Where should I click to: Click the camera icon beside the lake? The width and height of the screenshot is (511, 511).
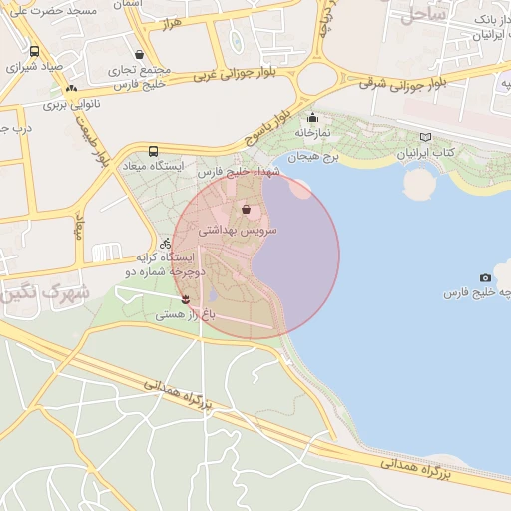click(x=485, y=277)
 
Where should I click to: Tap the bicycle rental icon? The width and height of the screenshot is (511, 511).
click(x=165, y=243)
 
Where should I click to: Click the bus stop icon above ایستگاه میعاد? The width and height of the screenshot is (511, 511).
click(x=153, y=151)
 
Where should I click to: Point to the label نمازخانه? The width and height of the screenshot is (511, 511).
click(x=311, y=132)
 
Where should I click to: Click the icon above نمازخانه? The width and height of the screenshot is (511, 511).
click(x=312, y=117)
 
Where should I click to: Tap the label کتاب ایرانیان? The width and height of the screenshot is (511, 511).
click(x=426, y=152)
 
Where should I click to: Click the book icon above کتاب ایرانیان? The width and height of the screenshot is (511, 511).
click(x=426, y=137)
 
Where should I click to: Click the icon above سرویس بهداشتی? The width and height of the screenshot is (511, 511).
click(x=246, y=210)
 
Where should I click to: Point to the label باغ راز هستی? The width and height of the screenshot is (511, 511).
click(x=184, y=314)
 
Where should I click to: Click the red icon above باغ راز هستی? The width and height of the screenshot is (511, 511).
click(x=185, y=298)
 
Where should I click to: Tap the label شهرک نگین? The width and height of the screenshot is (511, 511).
click(x=40, y=293)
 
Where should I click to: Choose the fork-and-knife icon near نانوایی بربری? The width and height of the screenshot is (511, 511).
click(x=72, y=89)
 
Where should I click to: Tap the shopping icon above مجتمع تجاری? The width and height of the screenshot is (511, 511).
click(x=138, y=54)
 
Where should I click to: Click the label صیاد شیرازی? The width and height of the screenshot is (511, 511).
click(x=35, y=68)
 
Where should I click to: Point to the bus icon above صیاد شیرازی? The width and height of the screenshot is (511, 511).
click(x=35, y=52)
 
